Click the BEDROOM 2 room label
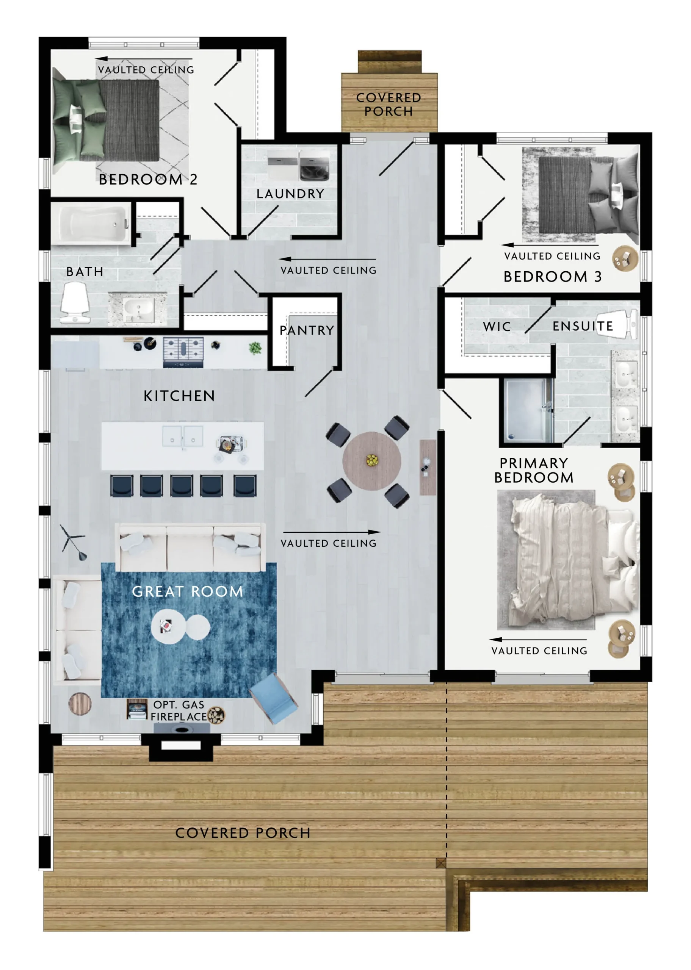[148, 180]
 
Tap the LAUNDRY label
[290, 194]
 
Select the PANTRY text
[306, 330]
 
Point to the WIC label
[497, 327]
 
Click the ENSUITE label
[583, 326]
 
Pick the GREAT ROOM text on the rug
[187, 591]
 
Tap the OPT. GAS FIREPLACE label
[179, 710]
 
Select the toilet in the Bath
[75, 302]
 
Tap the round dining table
[371, 461]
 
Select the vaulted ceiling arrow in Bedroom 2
[143, 59]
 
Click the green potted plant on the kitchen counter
[255, 348]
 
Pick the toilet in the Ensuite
[617, 324]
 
